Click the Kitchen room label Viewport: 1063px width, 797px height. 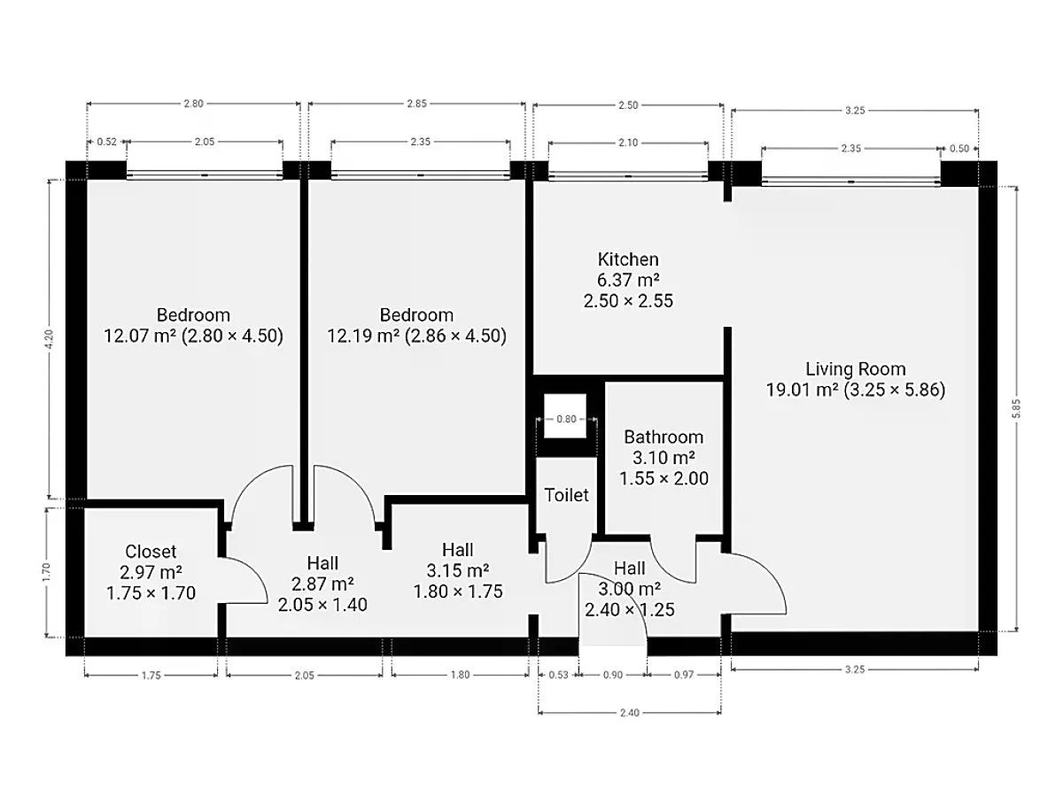tap(628, 259)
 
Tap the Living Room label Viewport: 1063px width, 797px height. tap(855, 369)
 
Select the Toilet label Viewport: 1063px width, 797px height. tap(566, 495)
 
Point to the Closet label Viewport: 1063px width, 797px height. tap(151, 551)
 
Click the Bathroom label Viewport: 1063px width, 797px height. tap(663, 437)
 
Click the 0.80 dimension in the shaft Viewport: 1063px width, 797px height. tap(566, 419)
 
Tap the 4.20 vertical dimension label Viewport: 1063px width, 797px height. tap(50, 339)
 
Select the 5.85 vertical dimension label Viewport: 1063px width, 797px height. tap(1016, 408)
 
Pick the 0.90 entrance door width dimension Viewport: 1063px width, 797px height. tap(613, 675)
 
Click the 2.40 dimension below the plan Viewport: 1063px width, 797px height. tap(630, 712)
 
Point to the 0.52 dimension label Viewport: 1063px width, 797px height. tap(106, 142)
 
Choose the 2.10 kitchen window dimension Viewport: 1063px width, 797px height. tap(628, 143)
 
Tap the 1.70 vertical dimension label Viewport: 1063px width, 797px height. tap(46, 572)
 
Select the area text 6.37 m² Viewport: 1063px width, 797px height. tap(628, 280)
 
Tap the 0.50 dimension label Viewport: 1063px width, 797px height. tap(959, 149)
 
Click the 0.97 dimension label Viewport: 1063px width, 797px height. tap(684, 675)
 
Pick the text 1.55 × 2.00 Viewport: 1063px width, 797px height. tap(663, 478)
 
